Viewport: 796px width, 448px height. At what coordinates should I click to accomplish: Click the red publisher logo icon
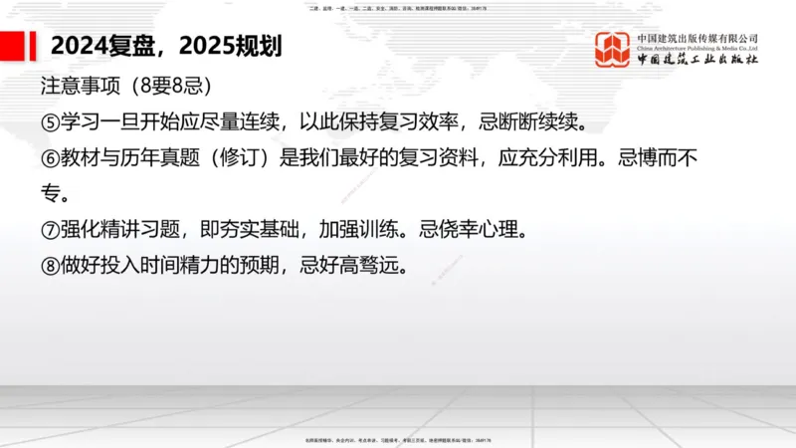click(613, 50)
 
